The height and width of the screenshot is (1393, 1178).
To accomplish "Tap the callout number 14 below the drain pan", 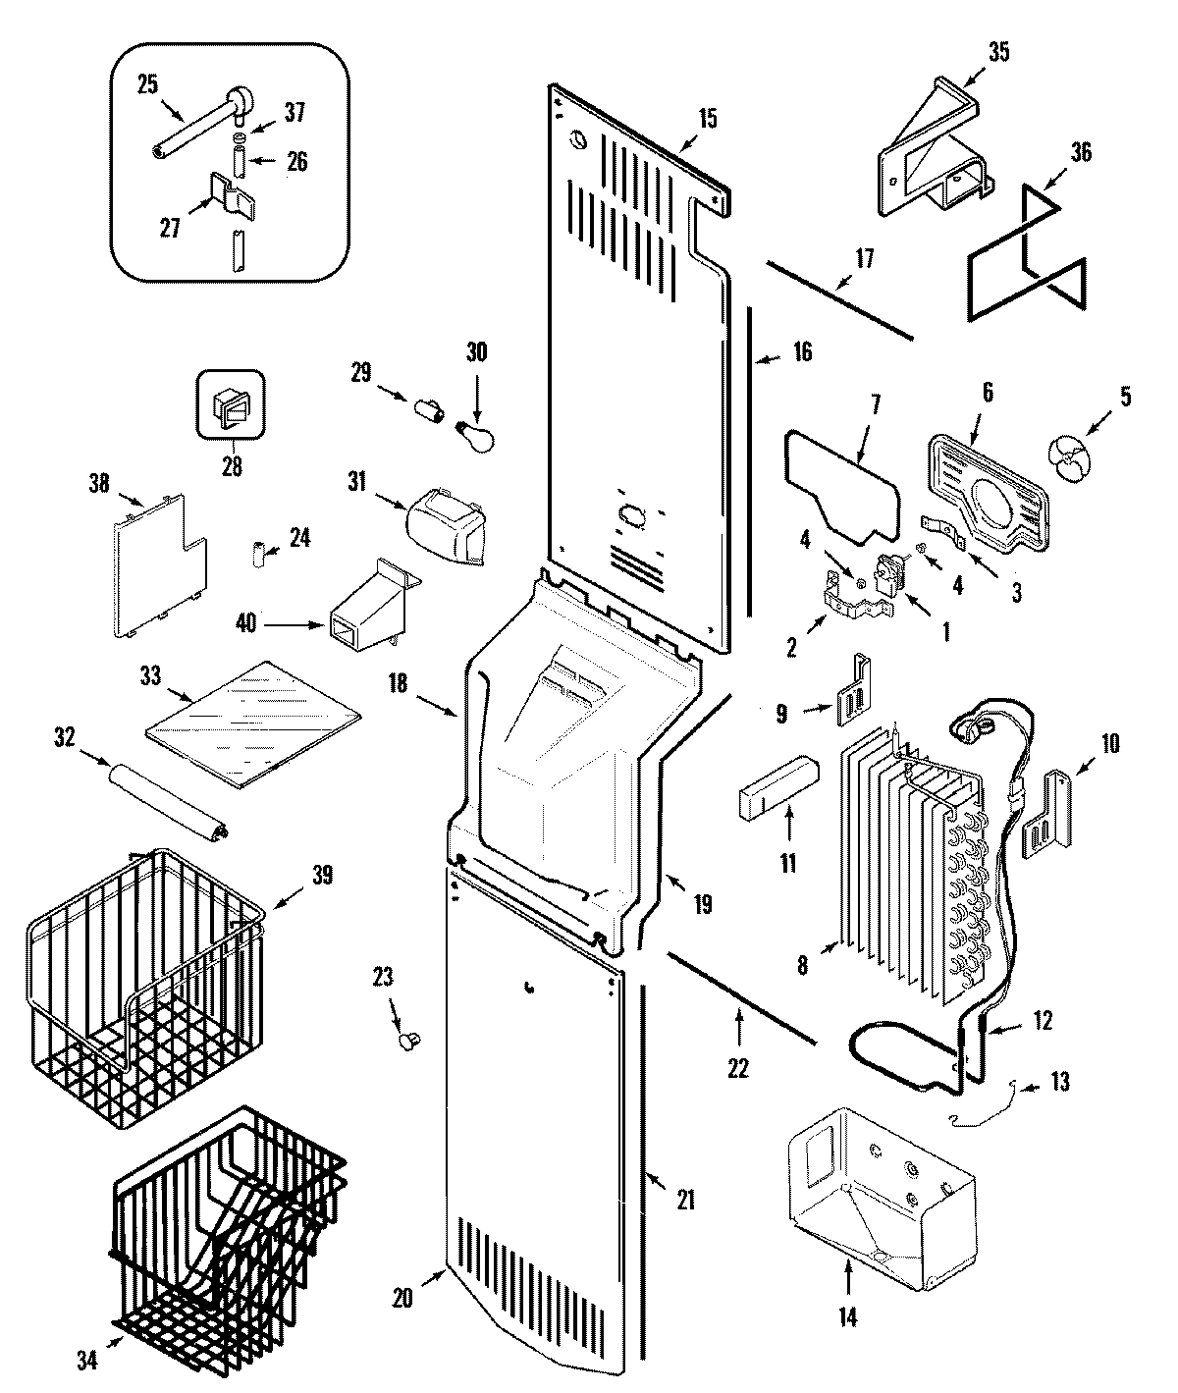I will pyautogui.click(x=847, y=1318).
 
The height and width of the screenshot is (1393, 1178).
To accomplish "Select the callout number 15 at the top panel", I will pyautogui.click(x=707, y=119).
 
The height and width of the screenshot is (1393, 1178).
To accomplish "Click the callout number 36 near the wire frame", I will pyautogui.click(x=1080, y=152).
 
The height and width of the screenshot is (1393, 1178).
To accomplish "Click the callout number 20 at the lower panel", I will pyautogui.click(x=401, y=1297).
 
